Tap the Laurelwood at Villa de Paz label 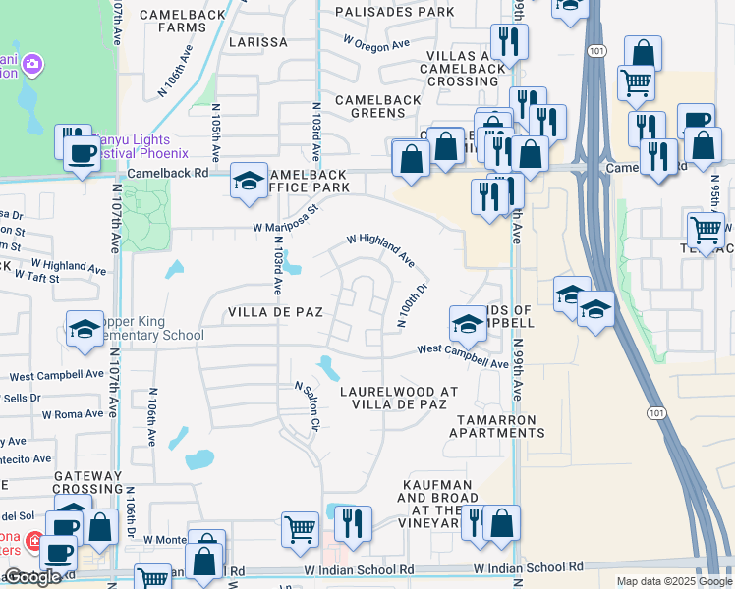click(399, 398)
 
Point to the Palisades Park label click(394, 12)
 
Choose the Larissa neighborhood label click(258, 43)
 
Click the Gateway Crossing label click(88, 481)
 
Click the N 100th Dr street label click(413, 304)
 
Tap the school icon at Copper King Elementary click(85, 330)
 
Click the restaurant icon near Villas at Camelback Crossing click(509, 41)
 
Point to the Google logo click(31, 577)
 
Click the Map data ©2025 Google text click(674, 581)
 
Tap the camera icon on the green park click(31, 64)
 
